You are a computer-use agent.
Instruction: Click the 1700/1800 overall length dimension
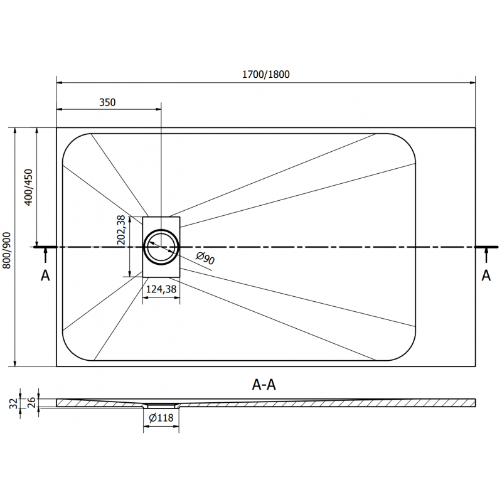pyautogui.click(x=266, y=74)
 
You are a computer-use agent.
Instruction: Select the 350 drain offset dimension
pyautogui.click(x=107, y=102)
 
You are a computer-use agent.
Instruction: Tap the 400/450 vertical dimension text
pyautogui.click(x=27, y=186)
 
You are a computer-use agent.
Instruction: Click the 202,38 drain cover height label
pyautogui.click(x=122, y=230)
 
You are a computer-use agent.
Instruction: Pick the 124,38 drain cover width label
pyautogui.click(x=161, y=289)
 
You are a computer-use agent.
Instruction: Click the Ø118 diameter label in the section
pyautogui.click(x=161, y=419)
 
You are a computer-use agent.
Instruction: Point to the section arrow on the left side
pyautogui.click(x=45, y=254)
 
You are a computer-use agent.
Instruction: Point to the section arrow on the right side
pyautogui.click(x=486, y=254)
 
